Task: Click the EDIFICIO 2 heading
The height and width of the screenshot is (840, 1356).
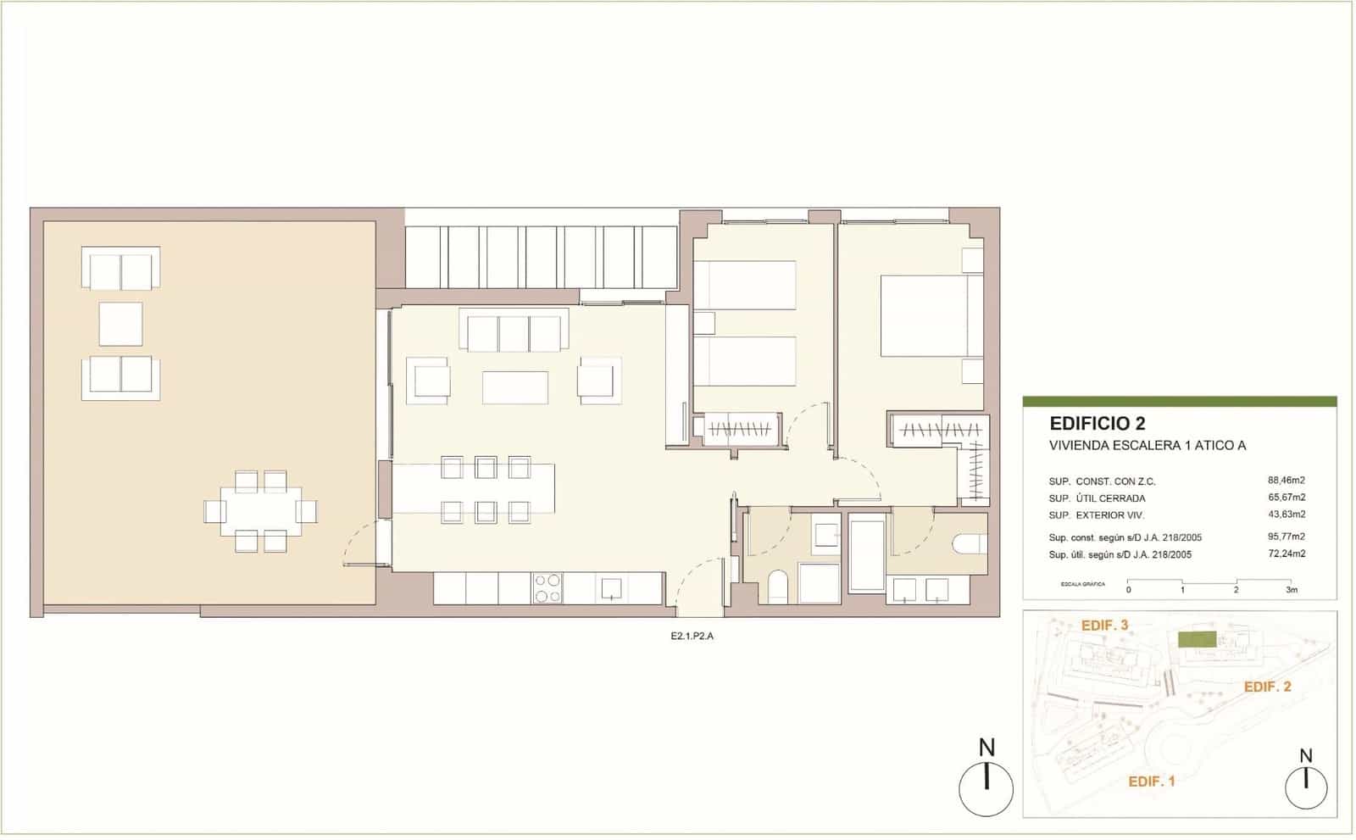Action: (x=1097, y=423)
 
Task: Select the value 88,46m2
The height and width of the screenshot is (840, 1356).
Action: (x=1286, y=481)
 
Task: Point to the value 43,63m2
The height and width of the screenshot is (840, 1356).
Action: (x=1286, y=515)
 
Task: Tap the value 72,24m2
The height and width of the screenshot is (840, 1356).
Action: (x=1286, y=554)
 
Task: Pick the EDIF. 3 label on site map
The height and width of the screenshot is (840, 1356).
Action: (x=1104, y=626)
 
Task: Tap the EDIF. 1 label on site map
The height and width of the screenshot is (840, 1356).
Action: (x=1151, y=782)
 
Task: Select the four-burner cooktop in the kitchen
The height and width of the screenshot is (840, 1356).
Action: (x=547, y=588)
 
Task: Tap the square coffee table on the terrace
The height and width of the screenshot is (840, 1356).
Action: (x=120, y=324)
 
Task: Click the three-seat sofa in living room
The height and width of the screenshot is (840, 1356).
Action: (x=514, y=331)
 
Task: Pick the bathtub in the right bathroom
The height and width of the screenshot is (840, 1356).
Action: (x=865, y=554)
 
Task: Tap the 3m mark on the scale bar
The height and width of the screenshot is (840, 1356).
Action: (x=1290, y=589)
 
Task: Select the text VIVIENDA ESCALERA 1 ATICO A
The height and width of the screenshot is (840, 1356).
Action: (x=1147, y=446)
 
